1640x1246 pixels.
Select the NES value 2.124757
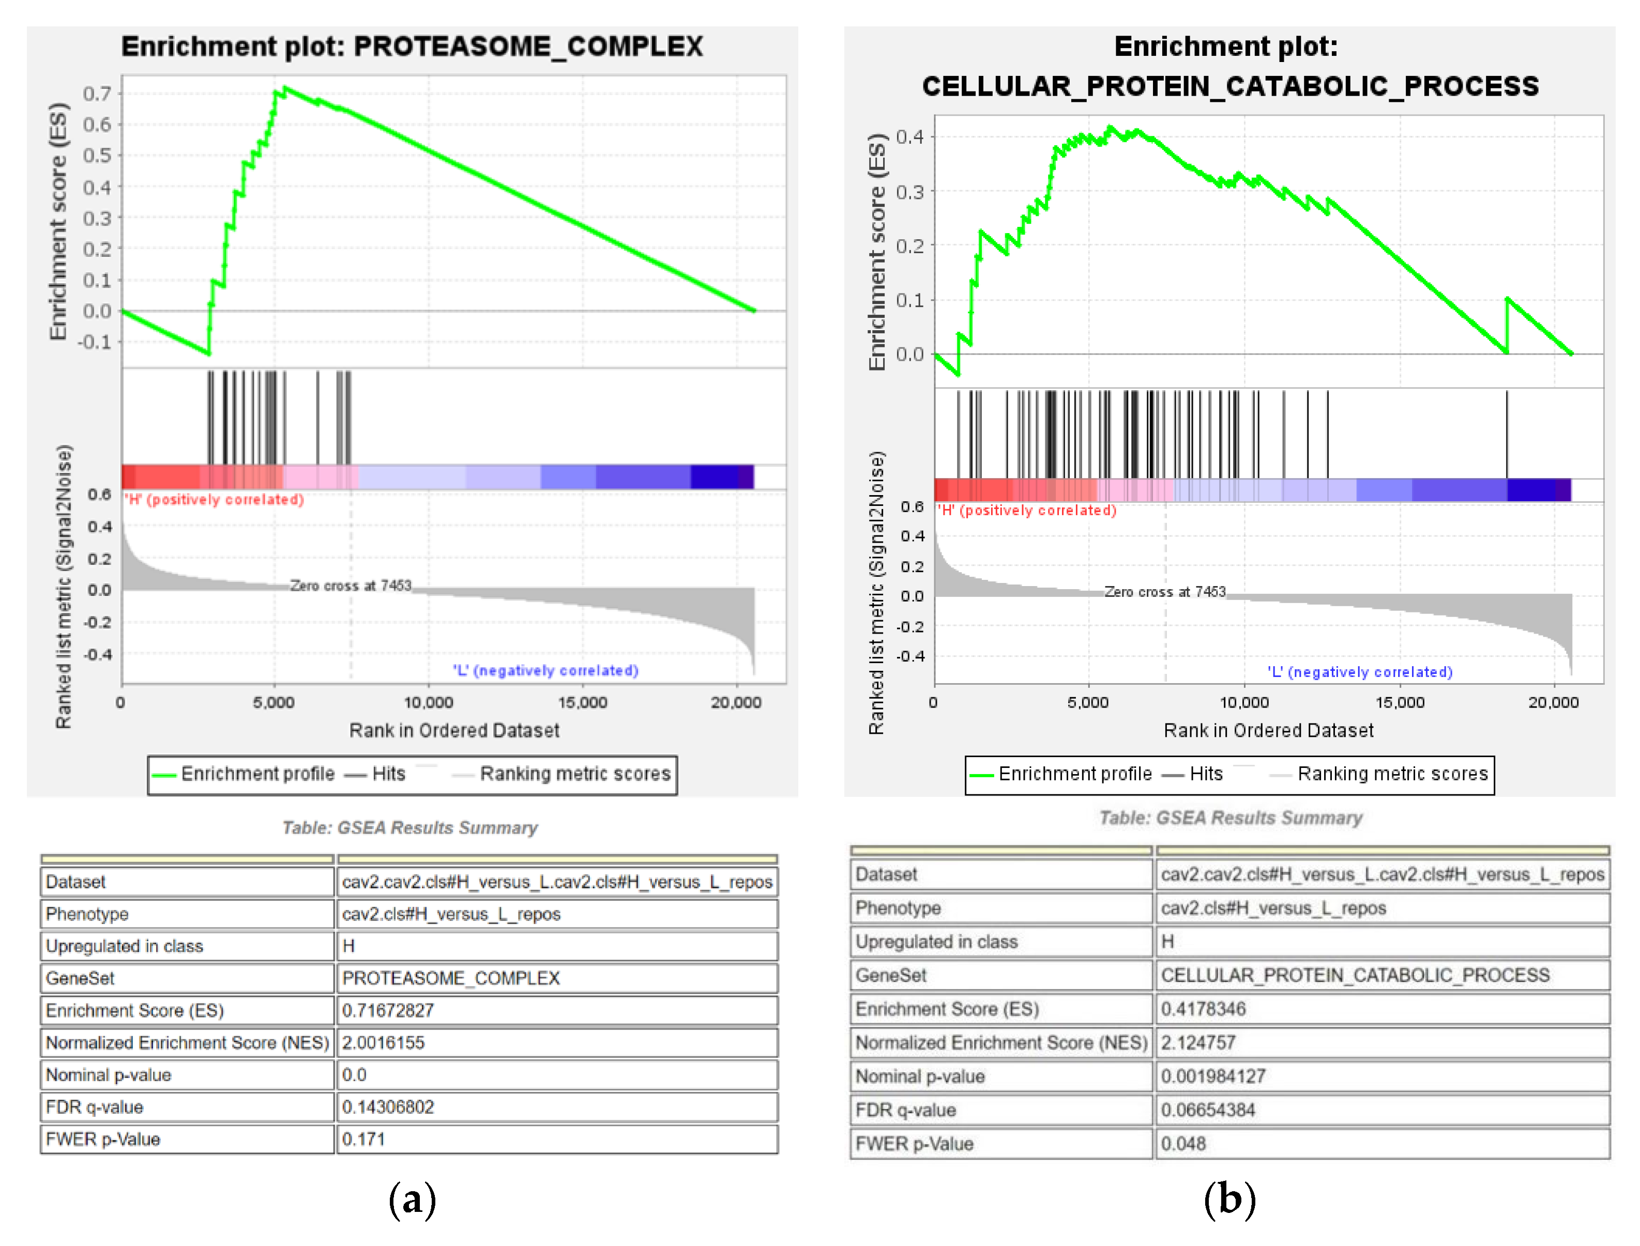(x=1198, y=1043)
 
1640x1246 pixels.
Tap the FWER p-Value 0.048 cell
(x=1183, y=1144)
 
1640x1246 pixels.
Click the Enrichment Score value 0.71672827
(x=387, y=1010)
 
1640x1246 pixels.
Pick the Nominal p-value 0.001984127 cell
(x=1212, y=1076)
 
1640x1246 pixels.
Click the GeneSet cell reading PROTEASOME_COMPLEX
(x=450, y=978)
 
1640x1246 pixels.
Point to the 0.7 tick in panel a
(x=97, y=94)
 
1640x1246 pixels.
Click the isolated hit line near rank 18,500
(x=1507, y=434)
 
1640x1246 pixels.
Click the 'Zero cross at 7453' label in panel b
(x=1164, y=592)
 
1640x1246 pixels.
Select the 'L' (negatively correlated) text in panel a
(x=545, y=670)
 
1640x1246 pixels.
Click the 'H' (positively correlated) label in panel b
(x=1026, y=510)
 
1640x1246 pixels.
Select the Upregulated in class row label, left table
(x=124, y=946)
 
